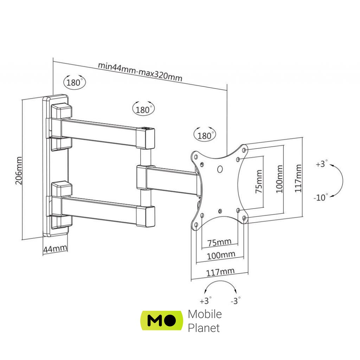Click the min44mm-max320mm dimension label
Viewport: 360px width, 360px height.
[140, 72]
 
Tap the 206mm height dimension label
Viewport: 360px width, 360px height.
[19, 171]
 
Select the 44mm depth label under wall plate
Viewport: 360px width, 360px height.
[55, 249]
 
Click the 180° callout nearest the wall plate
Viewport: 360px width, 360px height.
[74, 82]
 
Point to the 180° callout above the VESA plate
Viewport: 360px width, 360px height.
[205, 135]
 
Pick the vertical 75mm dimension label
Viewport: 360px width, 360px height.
[259, 181]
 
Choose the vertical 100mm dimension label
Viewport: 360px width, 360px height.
[279, 179]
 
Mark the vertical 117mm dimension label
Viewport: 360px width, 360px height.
[298, 178]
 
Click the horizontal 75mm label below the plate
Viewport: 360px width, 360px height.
[219, 243]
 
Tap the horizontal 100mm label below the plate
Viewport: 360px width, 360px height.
[221, 255]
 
